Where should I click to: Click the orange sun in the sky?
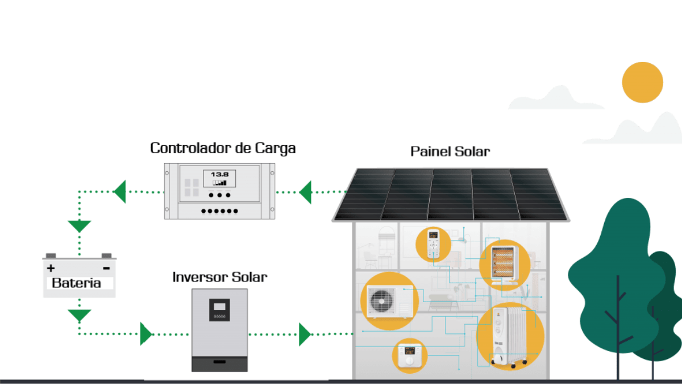coord(642,82)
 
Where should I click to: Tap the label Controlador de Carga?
coord(223,148)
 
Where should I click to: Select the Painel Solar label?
coord(450,152)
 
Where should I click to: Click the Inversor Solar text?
coord(219,278)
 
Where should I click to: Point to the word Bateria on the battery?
coord(76,283)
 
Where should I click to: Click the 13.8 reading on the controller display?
coord(219,174)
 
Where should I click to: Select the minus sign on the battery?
coord(106,268)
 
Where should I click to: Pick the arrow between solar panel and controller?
coord(306,192)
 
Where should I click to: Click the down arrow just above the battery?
coord(79,225)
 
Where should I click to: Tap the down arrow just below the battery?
coord(79,315)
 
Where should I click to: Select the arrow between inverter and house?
coord(305,334)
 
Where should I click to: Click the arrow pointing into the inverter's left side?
coord(146,334)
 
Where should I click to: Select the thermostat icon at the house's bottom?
coord(410,356)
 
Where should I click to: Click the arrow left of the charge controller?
coord(120,192)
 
